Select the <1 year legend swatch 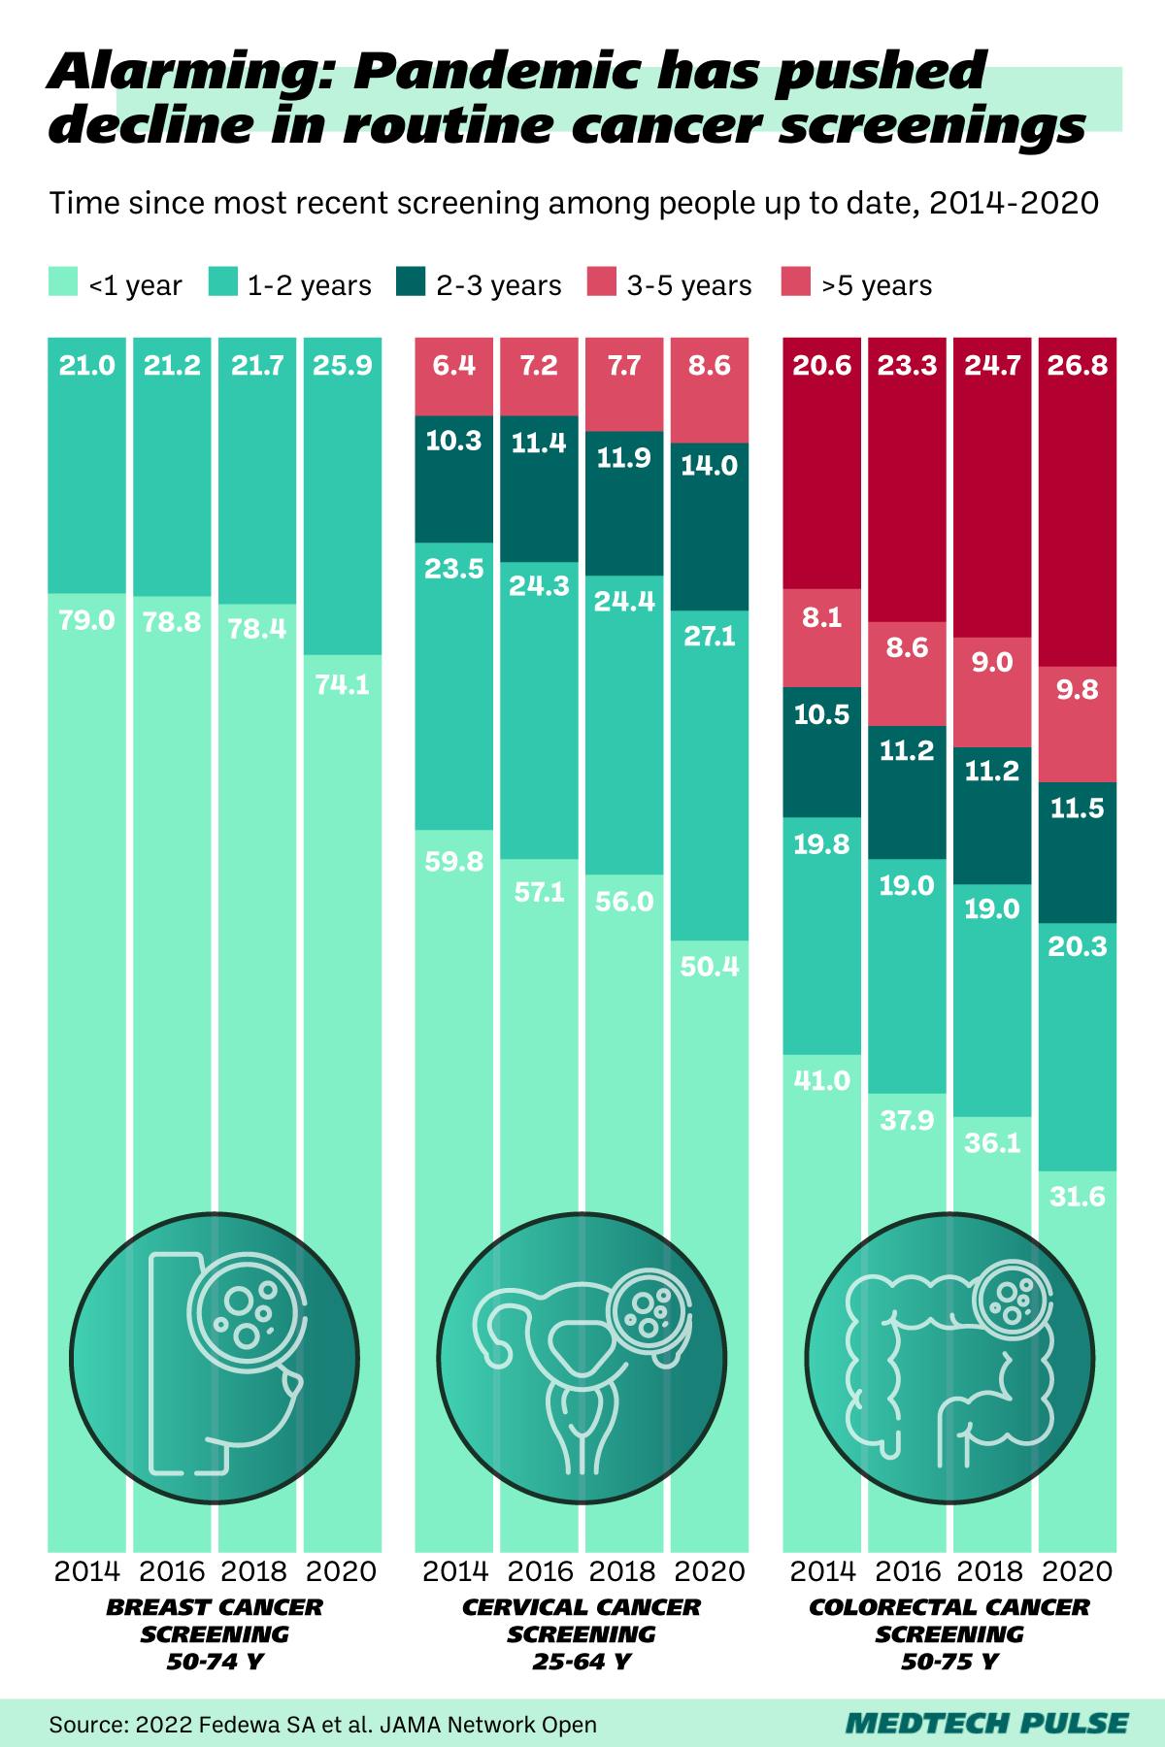tap(62, 283)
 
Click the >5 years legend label tap(877, 285)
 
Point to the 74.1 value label tap(342, 684)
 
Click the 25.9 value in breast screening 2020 tap(342, 366)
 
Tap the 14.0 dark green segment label tap(710, 465)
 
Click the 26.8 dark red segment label tap(1078, 366)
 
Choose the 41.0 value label tap(822, 1080)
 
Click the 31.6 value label tap(1078, 1197)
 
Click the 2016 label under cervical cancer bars tap(539, 1570)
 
